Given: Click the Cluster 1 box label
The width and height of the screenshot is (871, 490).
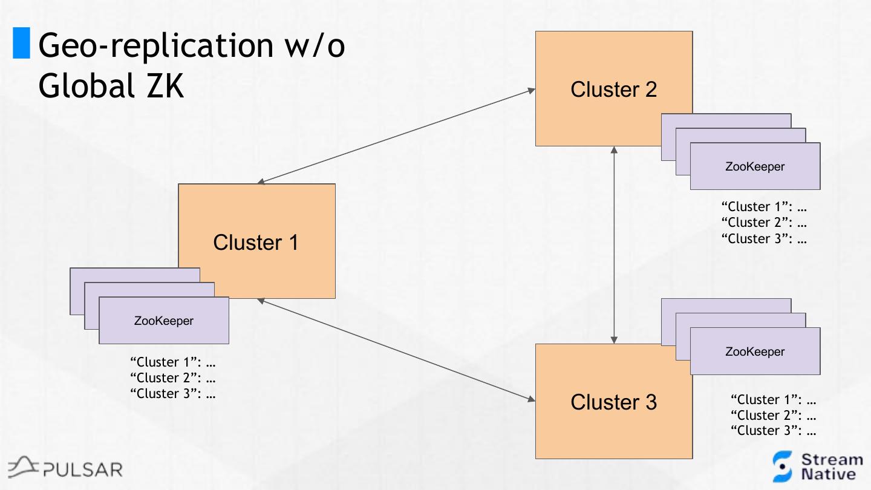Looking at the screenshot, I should (x=256, y=243).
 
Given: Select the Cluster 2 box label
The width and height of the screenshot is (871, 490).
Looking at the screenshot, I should (x=613, y=90).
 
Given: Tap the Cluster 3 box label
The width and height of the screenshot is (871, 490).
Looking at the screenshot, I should (x=613, y=402).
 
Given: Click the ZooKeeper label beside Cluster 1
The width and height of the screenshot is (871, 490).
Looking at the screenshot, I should (x=163, y=321).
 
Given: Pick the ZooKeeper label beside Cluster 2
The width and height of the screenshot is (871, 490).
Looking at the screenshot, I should (x=755, y=166).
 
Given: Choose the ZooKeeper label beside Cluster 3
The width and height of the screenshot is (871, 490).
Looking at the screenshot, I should (x=755, y=351).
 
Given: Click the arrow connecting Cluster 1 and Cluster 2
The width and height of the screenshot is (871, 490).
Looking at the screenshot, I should (x=396, y=137).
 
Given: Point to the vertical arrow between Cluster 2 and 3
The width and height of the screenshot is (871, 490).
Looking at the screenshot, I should (x=614, y=245).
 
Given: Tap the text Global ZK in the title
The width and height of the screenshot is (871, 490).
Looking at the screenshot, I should (x=111, y=87).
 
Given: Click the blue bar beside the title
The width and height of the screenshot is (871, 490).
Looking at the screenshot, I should (x=21, y=44).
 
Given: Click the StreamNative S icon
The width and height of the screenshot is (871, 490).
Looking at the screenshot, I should (x=782, y=466).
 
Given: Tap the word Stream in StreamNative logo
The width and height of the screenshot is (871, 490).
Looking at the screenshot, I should (x=832, y=460).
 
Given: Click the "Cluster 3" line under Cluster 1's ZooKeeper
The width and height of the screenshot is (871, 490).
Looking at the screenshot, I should (x=173, y=394).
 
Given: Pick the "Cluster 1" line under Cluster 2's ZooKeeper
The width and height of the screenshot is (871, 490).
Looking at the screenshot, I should (x=765, y=207).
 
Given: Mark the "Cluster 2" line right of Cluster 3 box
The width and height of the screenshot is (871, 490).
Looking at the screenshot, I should (x=774, y=416).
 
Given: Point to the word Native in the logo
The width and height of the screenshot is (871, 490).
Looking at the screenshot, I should (x=829, y=474).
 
